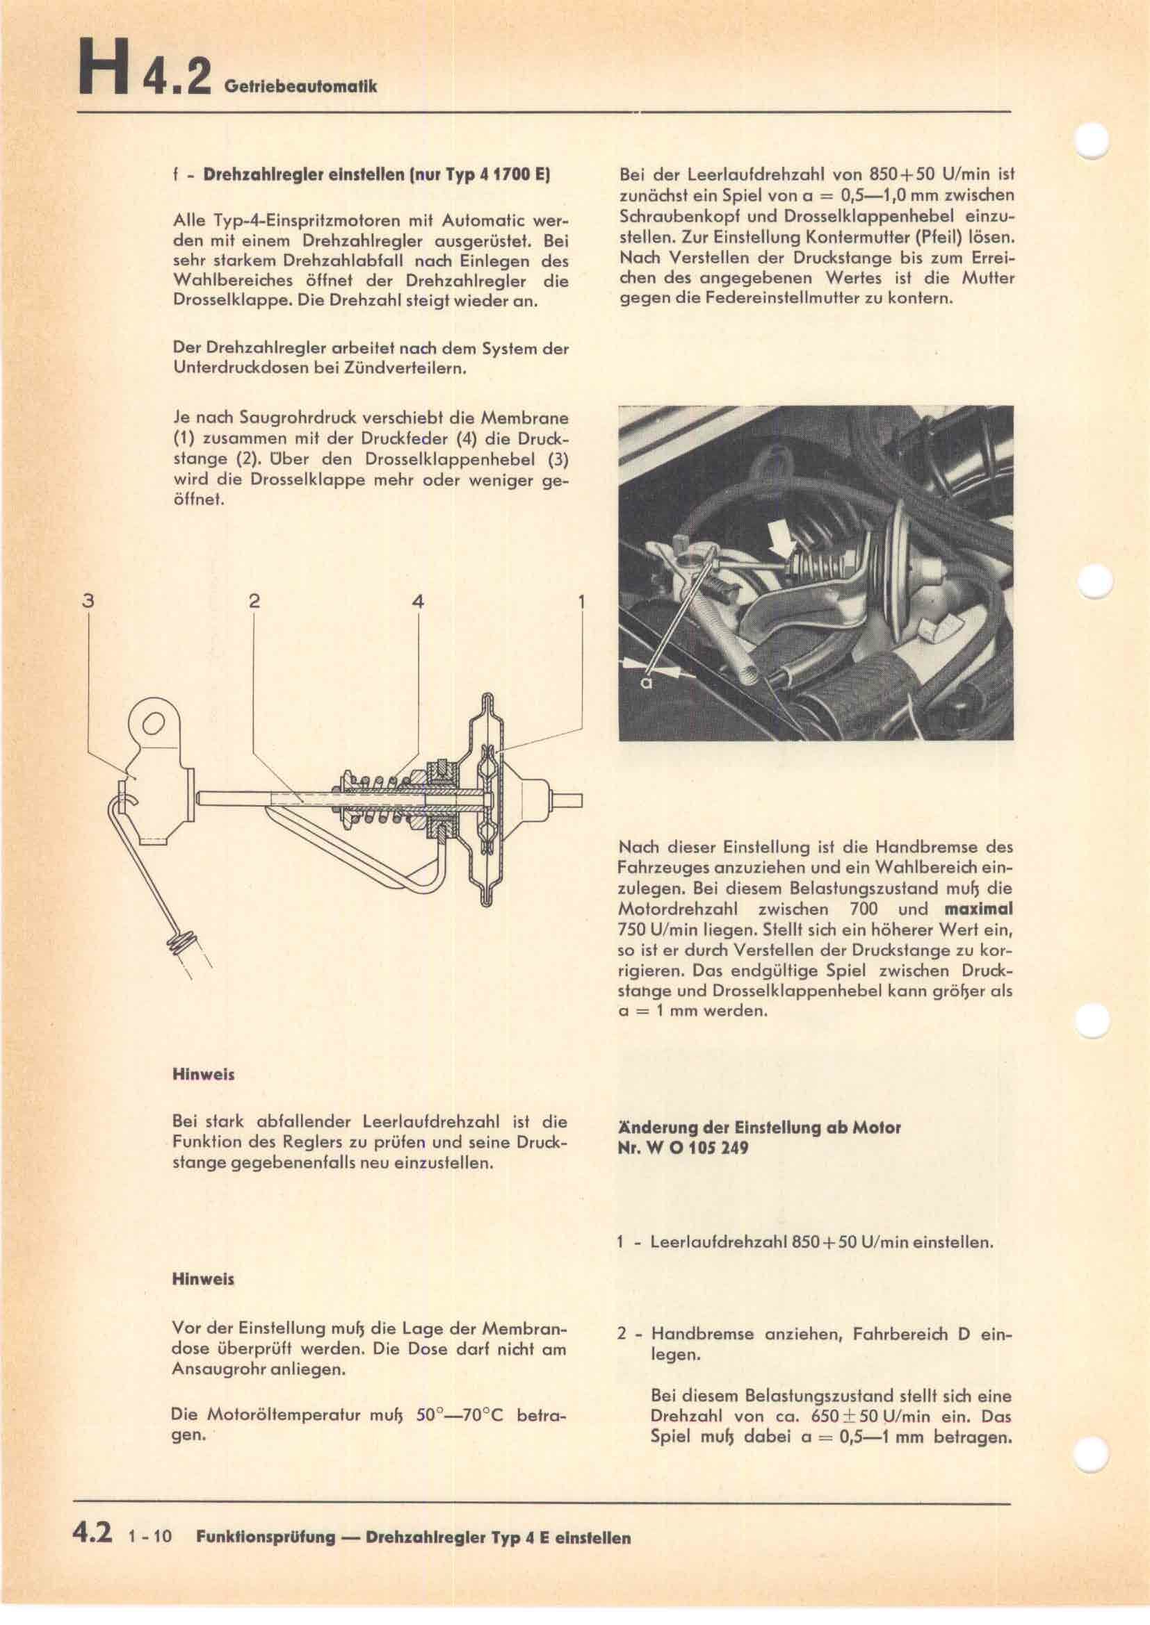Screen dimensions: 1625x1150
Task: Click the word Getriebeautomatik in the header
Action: click(300, 86)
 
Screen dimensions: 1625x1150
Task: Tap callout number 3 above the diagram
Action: click(87, 601)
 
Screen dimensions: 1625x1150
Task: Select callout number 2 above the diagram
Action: click(254, 601)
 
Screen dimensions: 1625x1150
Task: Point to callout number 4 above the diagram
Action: click(418, 601)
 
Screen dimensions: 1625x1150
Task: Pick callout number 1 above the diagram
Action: click(581, 601)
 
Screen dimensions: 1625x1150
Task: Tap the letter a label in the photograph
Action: click(646, 682)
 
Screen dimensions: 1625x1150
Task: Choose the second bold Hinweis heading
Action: click(203, 1279)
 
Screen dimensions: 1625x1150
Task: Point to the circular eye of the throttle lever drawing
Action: click(154, 723)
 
